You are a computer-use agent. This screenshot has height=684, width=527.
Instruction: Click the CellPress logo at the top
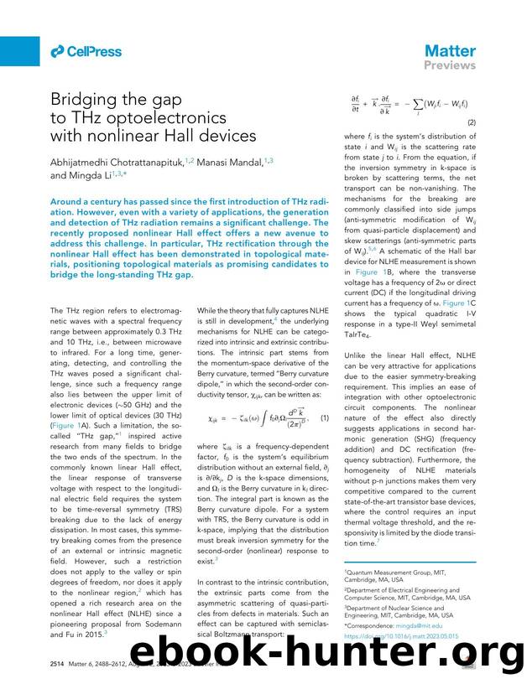coord(86,52)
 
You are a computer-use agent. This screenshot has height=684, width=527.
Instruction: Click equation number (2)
coord(472,121)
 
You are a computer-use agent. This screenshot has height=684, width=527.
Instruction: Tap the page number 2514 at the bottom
coord(61,663)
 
